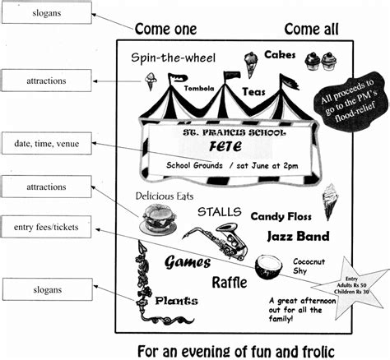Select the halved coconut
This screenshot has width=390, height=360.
[267, 265]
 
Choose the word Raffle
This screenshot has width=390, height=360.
[230, 283]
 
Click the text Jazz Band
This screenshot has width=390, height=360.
[297, 237]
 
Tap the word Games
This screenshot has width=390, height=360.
[188, 262]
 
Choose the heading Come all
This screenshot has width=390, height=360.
[312, 30]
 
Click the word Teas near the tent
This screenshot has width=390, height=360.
[253, 95]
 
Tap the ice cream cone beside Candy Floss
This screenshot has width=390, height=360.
[330, 200]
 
